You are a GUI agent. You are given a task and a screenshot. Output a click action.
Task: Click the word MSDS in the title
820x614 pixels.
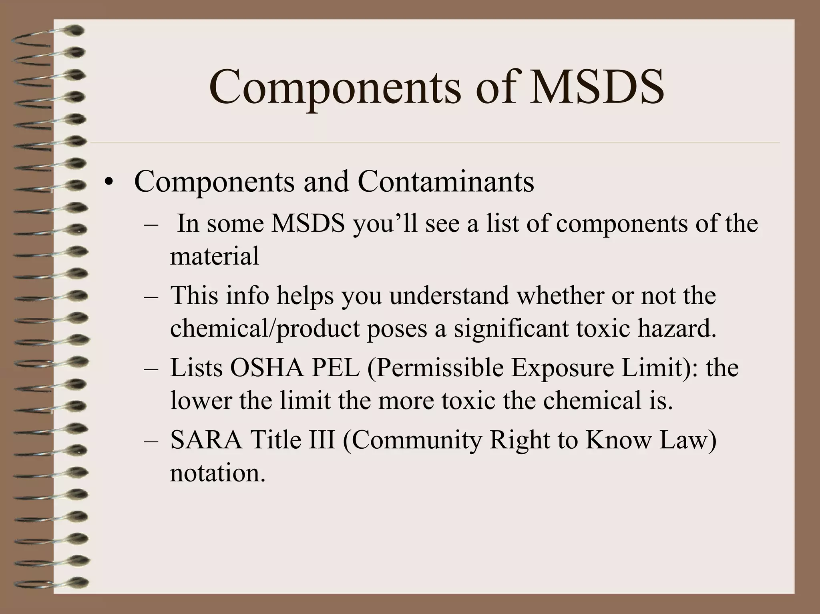pyautogui.click(x=597, y=87)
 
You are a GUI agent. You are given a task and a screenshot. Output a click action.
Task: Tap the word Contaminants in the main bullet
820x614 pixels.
pyautogui.click(x=446, y=182)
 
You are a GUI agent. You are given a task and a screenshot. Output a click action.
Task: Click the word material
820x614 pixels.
pyautogui.click(x=215, y=256)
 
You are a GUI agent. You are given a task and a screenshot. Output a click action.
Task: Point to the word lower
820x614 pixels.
pyautogui.click(x=201, y=400)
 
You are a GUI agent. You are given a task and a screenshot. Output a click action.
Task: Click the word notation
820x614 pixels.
pyautogui.click(x=217, y=473)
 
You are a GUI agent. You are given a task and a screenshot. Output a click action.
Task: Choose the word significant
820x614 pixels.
pyautogui.click(x=511, y=329)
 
